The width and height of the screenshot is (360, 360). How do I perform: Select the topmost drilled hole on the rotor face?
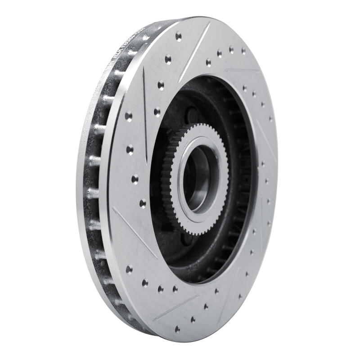point(179,35)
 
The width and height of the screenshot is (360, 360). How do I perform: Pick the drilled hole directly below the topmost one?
point(168,58)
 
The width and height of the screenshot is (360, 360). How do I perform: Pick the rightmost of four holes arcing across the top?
point(243,50)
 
